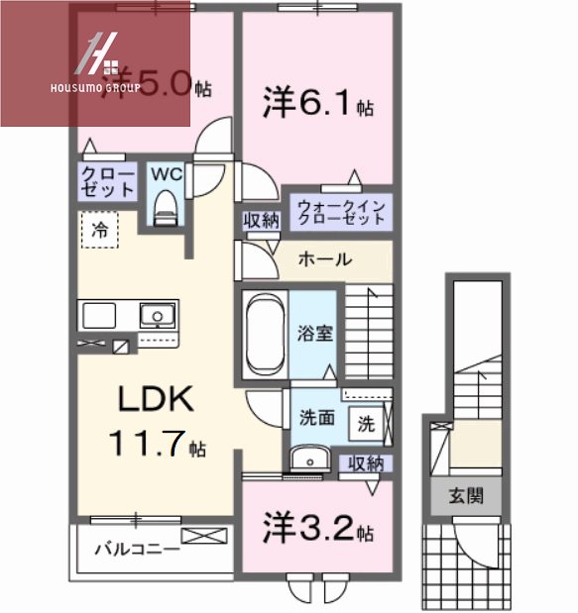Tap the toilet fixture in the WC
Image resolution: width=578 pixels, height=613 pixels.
tap(165, 209)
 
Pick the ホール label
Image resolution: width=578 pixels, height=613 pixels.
tap(324, 260)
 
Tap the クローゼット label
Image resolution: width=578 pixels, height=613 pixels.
tap(104, 181)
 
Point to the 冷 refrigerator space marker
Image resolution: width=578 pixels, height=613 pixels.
tap(100, 230)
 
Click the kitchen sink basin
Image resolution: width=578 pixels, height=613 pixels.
tap(157, 317)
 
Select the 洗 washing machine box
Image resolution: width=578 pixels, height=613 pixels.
tap(367, 423)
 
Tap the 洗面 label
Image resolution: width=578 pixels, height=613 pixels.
tap(316, 419)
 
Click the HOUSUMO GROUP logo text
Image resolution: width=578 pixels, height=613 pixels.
tap(95, 87)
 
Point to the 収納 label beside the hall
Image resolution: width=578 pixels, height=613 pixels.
tap(261, 221)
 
